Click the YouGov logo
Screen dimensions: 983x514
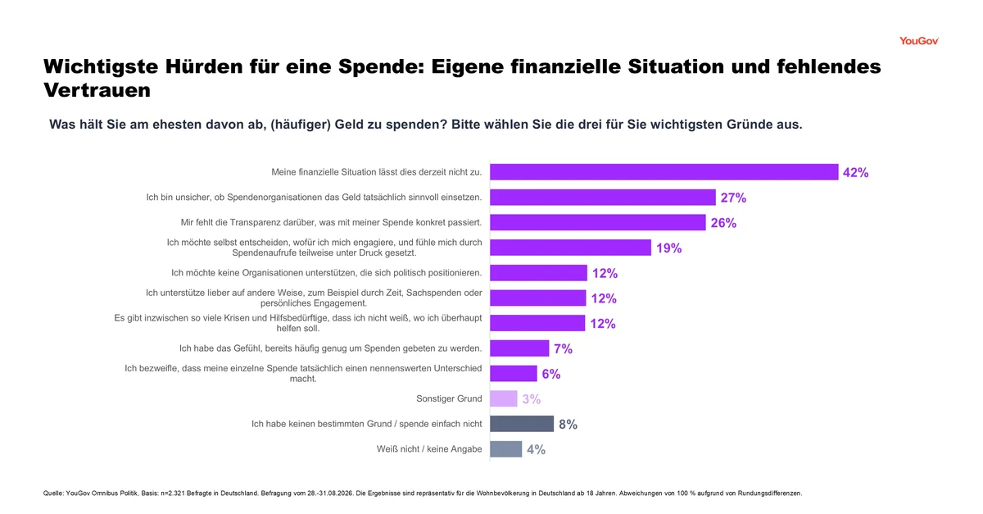(x=919, y=41)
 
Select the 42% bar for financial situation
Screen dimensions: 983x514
(x=664, y=172)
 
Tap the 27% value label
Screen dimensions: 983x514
(x=733, y=198)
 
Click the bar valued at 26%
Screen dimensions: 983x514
(x=598, y=222)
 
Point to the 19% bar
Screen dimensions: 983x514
(x=570, y=248)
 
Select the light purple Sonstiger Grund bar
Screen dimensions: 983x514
(x=504, y=398)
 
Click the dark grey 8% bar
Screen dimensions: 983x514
(x=522, y=424)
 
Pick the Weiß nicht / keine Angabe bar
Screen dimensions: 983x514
(x=506, y=449)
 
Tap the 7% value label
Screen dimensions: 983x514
(x=563, y=349)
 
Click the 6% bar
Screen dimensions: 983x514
(x=514, y=374)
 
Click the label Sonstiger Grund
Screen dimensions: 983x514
(x=449, y=398)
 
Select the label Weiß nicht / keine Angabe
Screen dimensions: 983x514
(x=429, y=449)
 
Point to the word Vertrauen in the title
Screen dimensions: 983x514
(x=97, y=90)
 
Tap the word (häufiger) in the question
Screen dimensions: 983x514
(x=301, y=125)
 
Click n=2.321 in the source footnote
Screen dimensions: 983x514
(x=173, y=494)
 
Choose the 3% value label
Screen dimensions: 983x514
(x=532, y=399)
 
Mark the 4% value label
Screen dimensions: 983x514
(x=537, y=449)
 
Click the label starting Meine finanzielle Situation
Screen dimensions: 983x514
(x=377, y=172)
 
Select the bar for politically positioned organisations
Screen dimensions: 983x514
(x=538, y=272)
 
